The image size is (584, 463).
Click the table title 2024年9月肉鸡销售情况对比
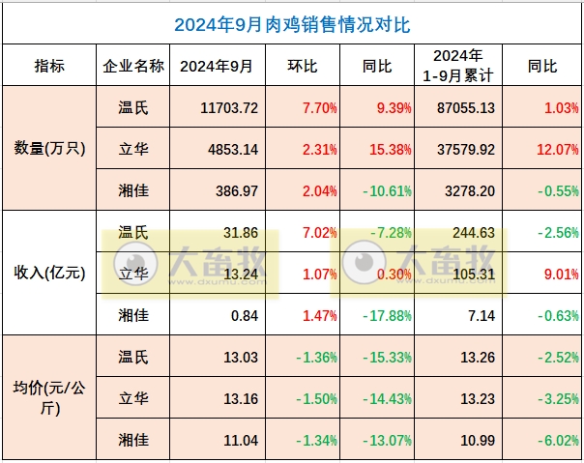pos(291,22)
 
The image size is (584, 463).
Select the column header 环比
pos(304,66)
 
